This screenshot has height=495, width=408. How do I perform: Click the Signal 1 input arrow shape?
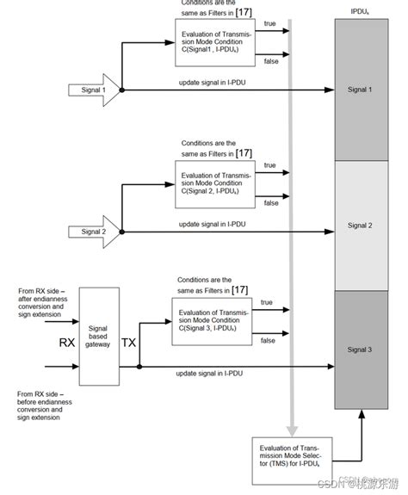pyautogui.click(x=91, y=89)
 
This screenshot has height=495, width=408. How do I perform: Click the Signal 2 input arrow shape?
pyautogui.click(x=91, y=231)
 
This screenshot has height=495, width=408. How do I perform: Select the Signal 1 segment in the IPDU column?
pyautogui.click(x=359, y=89)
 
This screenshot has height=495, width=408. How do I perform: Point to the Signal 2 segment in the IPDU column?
pyautogui.click(x=359, y=226)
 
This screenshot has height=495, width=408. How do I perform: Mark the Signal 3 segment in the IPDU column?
pyautogui.click(x=359, y=350)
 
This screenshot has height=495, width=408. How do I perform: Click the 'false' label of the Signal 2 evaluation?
pyautogui.click(x=270, y=202)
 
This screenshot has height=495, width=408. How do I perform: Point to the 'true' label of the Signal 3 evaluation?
pyautogui.click(x=266, y=302)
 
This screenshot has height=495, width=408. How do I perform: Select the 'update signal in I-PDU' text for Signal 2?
pyautogui.click(x=211, y=224)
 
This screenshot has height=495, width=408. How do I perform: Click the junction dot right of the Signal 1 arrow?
pyautogui.click(x=122, y=89)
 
